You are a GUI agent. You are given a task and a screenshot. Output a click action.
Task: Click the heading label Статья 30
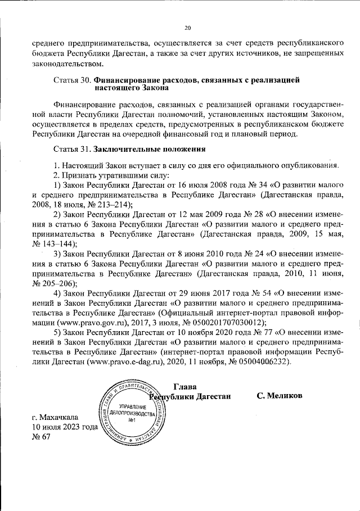[73, 80]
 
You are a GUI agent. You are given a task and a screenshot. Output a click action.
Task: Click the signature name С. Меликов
[280, 396]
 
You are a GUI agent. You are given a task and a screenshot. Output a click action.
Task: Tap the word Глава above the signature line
[186, 386]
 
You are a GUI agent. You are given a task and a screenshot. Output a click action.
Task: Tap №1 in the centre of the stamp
[133, 420]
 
